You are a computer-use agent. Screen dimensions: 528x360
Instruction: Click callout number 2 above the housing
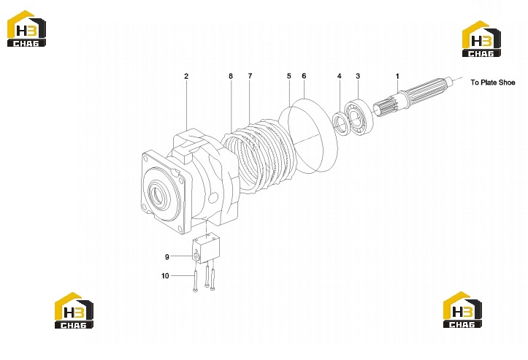[186, 76]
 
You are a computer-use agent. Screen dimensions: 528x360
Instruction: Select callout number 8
[231, 76]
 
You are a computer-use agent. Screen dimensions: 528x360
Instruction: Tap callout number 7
[250, 76]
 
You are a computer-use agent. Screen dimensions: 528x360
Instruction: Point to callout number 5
[289, 76]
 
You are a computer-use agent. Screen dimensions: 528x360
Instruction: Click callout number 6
[304, 76]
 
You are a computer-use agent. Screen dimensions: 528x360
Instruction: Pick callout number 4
[339, 76]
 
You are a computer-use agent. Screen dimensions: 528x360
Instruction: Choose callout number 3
[358, 76]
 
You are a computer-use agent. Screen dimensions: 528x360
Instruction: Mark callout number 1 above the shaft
[397, 77]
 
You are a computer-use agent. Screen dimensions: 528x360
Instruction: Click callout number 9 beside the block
[167, 257]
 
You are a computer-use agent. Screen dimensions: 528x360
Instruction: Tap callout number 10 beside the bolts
[165, 276]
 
